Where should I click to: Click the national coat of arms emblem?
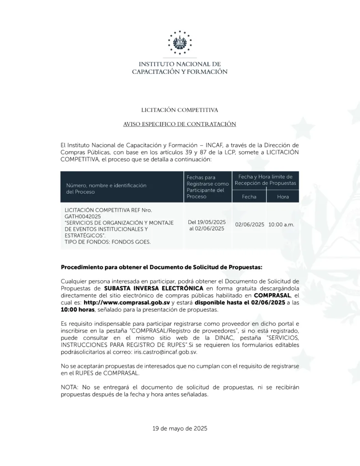coord(180,43)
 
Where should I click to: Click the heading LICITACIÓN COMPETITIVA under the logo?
coord(179,110)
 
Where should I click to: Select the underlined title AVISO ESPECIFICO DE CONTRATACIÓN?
coord(179,124)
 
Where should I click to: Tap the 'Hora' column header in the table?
coord(283,197)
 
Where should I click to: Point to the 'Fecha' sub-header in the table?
coord(249,197)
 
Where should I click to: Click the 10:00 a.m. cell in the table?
coord(281,224)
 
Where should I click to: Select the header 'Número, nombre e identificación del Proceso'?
coord(106,188)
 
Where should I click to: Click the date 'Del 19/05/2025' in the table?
coord(207,222)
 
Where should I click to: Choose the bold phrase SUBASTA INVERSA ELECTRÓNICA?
coord(153,289)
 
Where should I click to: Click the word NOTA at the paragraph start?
coord(69,387)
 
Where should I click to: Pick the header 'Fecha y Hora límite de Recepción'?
coord(265,179)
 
